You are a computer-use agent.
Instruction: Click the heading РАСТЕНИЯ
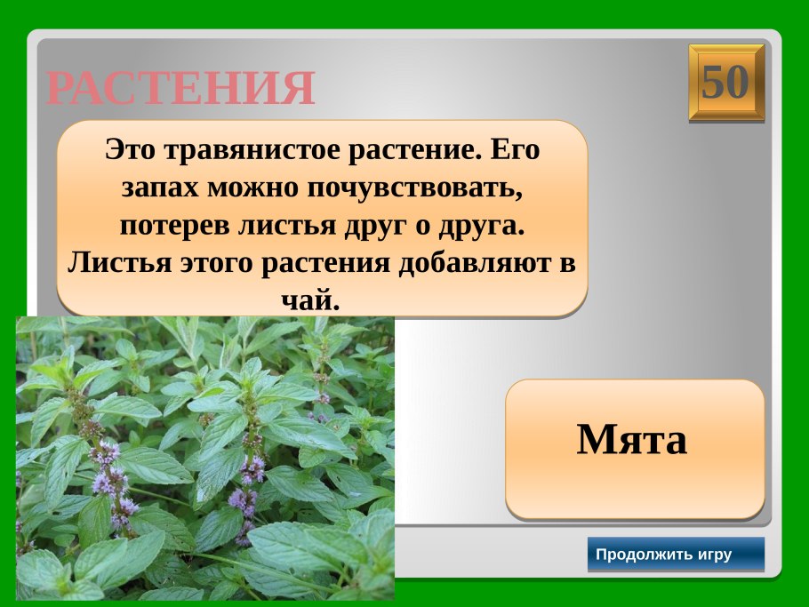180,88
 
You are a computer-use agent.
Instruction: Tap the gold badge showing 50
725,83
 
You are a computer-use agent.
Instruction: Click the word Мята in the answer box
632,440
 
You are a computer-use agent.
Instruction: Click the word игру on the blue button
715,555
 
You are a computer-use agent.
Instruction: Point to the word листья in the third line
285,226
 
